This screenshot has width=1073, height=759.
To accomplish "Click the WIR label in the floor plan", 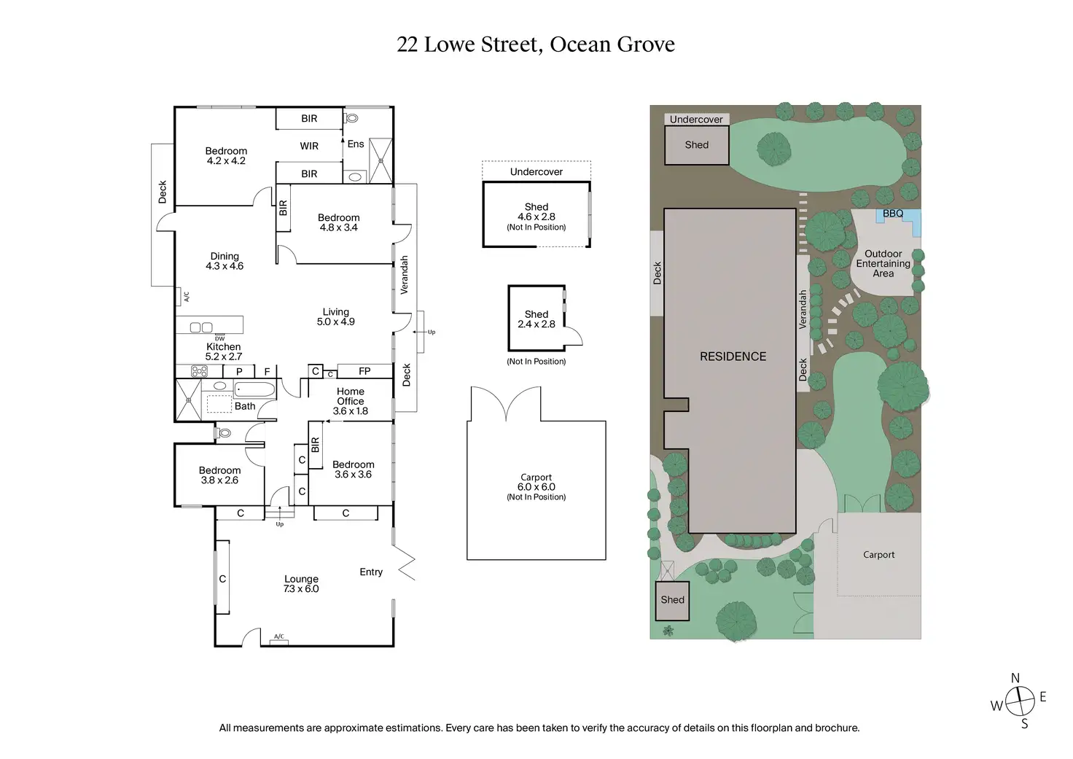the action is (309, 146).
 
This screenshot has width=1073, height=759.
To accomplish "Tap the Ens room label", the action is (356, 144).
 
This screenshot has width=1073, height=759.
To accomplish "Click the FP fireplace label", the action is (364, 371).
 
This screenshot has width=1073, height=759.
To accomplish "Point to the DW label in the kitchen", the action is (220, 339).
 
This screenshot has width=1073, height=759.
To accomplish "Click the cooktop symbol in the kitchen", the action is (199, 371).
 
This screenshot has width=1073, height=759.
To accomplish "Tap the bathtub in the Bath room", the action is (254, 389).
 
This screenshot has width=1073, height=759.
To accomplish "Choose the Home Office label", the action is (350, 397).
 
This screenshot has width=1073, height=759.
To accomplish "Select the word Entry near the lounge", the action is (371, 572).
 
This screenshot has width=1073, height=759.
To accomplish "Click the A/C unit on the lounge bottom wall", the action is (279, 642).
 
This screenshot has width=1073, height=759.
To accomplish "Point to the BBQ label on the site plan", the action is (893, 214).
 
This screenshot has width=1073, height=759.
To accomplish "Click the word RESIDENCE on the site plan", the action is (733, 357).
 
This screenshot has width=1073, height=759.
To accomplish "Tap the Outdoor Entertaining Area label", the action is (883, 263).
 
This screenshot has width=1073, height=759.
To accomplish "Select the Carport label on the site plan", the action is (878, 554).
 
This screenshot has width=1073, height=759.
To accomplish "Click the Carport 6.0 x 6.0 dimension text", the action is (536, 487).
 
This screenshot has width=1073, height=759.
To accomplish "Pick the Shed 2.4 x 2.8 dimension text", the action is (536, 324).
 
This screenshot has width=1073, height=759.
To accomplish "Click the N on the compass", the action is (1015, 678).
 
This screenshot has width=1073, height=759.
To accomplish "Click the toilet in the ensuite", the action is (351, 118).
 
